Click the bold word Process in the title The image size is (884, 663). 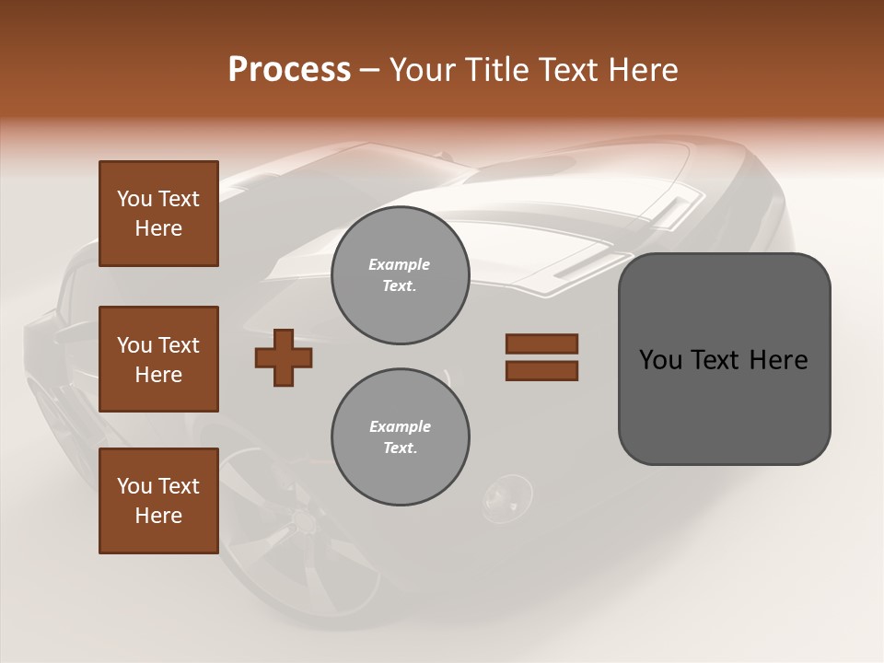(x=289, y=69)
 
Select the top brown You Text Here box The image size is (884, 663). (x=158, y=214)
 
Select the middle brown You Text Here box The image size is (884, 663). (x=158, y=359)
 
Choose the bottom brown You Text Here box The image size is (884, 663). (x=158, y=500)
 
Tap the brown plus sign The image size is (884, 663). (x=284, y=357)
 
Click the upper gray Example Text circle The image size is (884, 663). (x=400, y=275)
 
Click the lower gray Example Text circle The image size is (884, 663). (x=400, y=437)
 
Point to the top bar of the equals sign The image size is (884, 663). (x=541, y=343)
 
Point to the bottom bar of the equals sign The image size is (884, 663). (x=541, y=371)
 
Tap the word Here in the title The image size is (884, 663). (x=644, y=70)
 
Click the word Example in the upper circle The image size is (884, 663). (x=400, y=264)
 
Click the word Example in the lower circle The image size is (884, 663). (x=400, y=426)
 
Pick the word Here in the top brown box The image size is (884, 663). (x=158, y=228)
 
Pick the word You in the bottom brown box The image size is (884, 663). (x=134, y=486)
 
